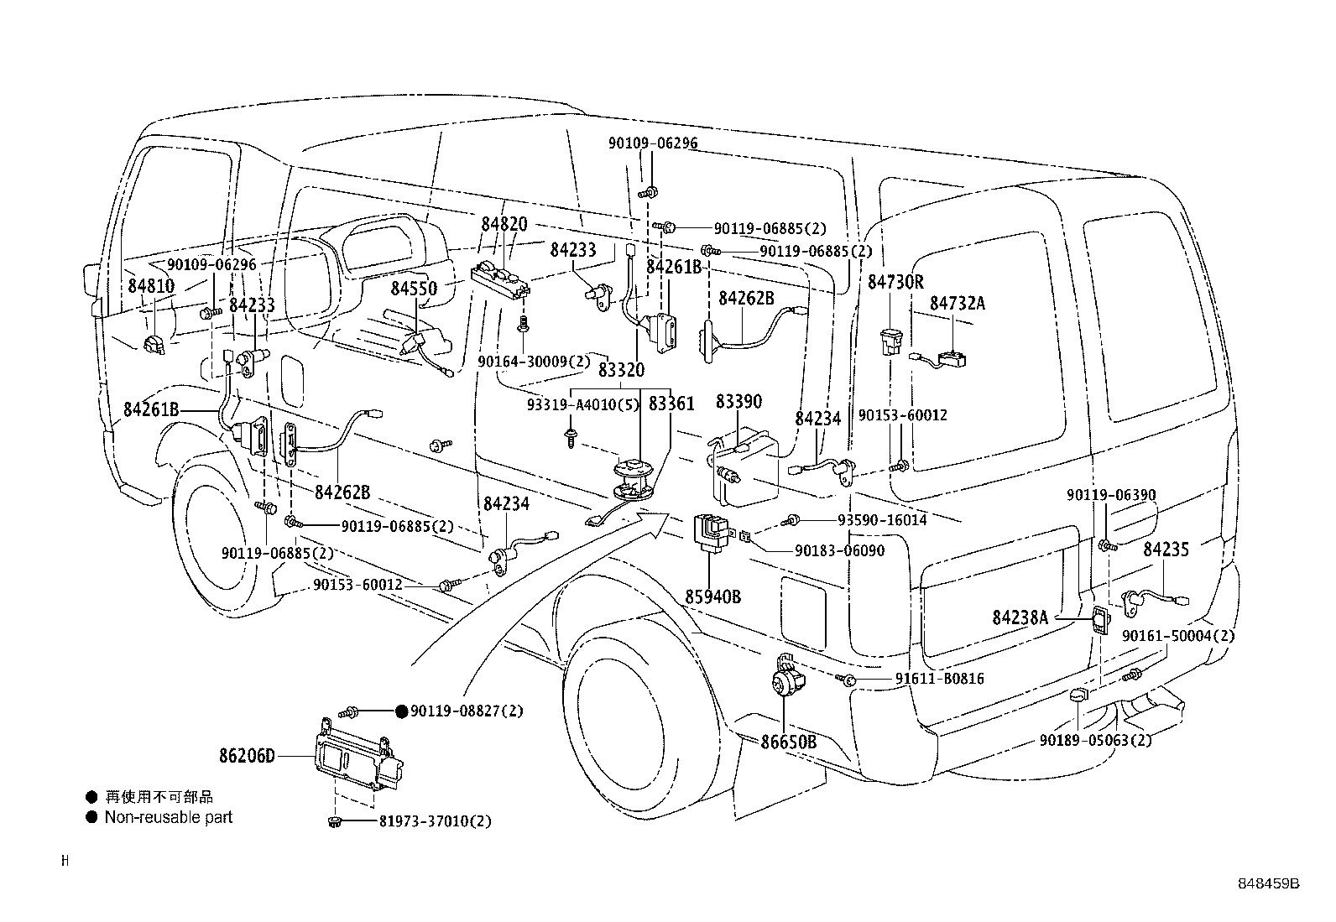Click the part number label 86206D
pos(248,757)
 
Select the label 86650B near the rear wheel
pos(789,742)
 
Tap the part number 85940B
pos(712,597)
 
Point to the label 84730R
pos(895,282)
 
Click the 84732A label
pos(957,303)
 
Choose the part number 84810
pos(151,285)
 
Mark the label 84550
pos(414,289)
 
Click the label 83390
pos(738,402)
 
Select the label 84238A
pos(1020,617)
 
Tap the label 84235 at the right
pos(1166,550)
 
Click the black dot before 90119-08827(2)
pos(401,711)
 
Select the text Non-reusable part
pos(168,816)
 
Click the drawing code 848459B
pos(1268,883)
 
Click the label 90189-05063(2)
pos(1095,740)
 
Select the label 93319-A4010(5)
pos(582,404)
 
